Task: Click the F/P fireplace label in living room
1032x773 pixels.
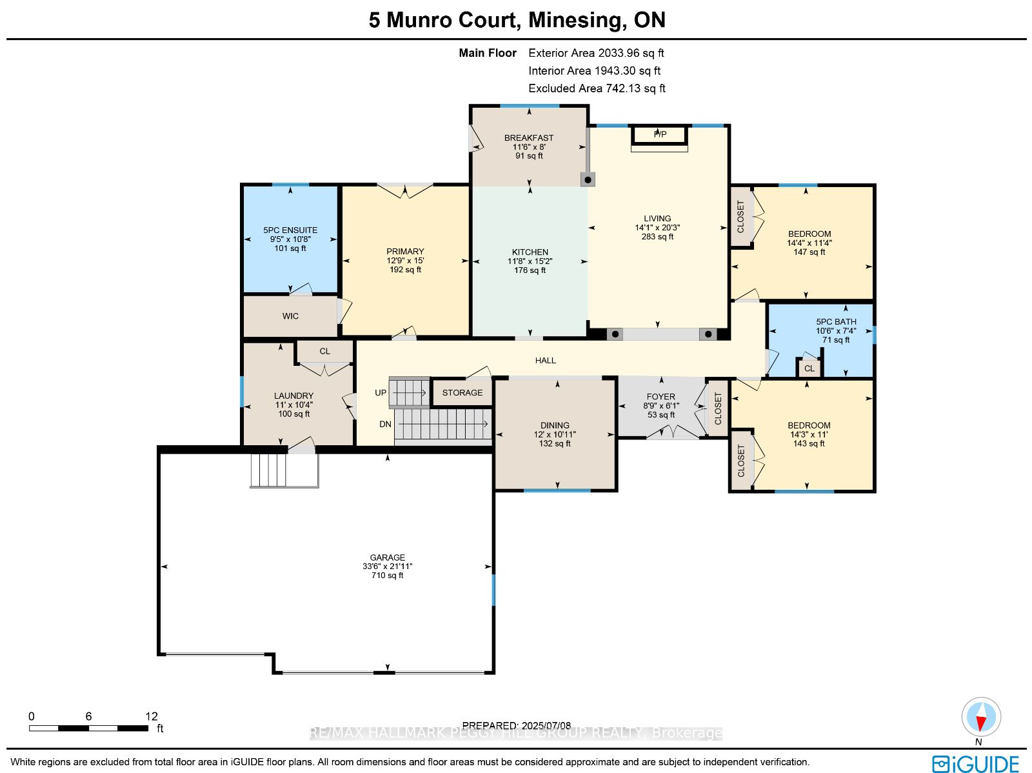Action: [x=660, y=134]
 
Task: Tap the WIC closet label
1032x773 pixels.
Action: [x=290, y=316]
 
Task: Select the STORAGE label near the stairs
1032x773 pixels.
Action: [x=462, y=392]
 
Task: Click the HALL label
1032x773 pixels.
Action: [x=545, y=361]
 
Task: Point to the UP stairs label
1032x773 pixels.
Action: [x=381, y=392]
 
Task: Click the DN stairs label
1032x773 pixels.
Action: [x=385, y=424]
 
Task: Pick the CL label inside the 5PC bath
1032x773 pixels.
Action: [x=809, y=368]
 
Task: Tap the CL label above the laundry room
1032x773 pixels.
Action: [x=324, y=352]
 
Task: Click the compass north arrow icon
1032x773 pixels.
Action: [x=981, y=717]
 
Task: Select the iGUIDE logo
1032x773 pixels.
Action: [x=975, y=764]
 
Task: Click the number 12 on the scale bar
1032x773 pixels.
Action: [x=151, y=716]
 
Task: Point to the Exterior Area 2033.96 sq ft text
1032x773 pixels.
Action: [x=596, y=53]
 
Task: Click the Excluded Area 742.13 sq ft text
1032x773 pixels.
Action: [x=597, y=88]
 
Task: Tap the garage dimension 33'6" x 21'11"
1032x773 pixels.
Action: [x=387, y=567]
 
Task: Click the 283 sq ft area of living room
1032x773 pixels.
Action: [x=657, y=237]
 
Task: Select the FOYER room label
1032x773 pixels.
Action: [x=660, y=397]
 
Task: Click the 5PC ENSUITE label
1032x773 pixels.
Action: [x=290, y=230]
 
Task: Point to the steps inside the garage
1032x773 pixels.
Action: [x=268, y=470]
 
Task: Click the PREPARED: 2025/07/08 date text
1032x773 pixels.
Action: [x=516, y=725]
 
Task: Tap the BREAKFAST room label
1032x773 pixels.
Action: [x=529, y=137]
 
